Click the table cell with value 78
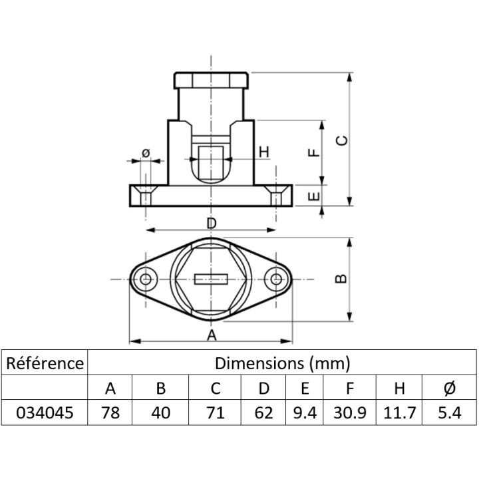click(x=110, y=412)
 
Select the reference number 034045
click(x=45, y=412)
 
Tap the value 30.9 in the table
click(x=350, y=412)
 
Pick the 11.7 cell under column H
click(x=399, y=412)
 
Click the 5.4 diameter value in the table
click(x=449, y=412)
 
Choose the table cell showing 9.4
click(x=305, y=412)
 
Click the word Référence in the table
click(x=45, y=363)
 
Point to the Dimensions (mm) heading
click(x=282, y=363)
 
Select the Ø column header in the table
click(x=449, y=389)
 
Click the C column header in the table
click(x=216, y=389)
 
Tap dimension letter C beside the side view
click(x=341, y=140)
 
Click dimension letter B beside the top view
click(x=341, y=278)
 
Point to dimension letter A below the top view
click(x=212, y=335)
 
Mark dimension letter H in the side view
click(x=263, y=152)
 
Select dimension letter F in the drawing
click(x=314, y=152)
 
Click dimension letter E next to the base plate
click(x=314, y=196)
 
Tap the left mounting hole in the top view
click(x=146, y=279)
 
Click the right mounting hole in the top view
click(x=276, y=279)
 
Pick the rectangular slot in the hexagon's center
click(x=211, y=279)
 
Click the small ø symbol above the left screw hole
click(x=146, y=152)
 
